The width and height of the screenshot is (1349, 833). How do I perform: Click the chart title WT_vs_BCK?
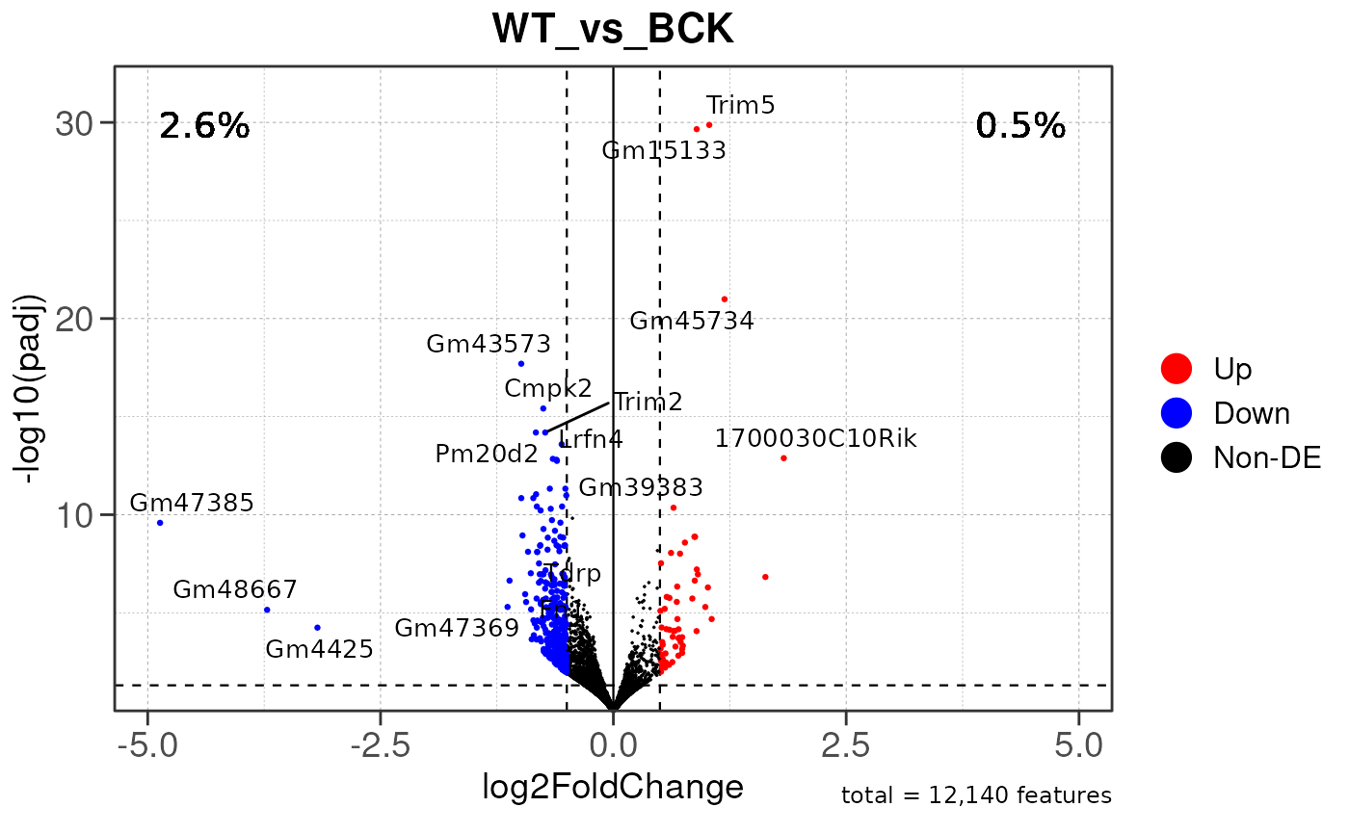click(613, 29)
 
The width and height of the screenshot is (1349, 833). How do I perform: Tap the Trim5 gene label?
click(740, 105)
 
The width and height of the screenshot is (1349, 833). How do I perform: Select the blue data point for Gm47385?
click(160, 523)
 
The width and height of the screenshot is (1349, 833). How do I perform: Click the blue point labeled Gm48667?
click(267, 610)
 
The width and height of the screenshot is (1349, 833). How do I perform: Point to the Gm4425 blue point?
click(317, 628)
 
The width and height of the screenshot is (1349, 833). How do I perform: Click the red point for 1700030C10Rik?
click(783, 458)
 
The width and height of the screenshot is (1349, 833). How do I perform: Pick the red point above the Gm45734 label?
click(725, 299)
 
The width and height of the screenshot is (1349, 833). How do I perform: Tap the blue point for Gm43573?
click(521, 364)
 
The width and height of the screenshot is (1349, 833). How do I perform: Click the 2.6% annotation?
click(204, 126)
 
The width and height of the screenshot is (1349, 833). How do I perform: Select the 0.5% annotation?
click(1020, 126)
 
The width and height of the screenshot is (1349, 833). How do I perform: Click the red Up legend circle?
click(1177, 368)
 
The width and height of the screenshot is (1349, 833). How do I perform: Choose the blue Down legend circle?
click(1177, 413)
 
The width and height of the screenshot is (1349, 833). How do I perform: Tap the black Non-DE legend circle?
click(1177, 458)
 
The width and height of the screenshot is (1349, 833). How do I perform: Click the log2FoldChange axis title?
click(613, 787)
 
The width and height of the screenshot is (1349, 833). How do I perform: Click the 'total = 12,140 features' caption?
click(976, 796)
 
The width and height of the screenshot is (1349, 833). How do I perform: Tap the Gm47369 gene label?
click(457, 629)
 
